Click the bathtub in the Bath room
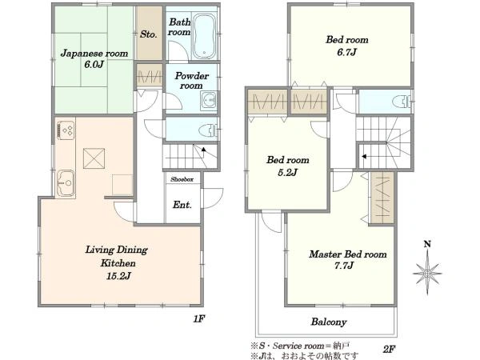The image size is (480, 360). [x=204, y=36]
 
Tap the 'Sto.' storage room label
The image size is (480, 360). [x=149, y=34]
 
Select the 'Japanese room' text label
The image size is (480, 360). [x=94, y=54]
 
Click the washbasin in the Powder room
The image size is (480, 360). [x=209, y=100]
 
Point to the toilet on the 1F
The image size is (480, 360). [x=208, y=130]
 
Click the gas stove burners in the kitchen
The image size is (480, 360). [x=66, y=130]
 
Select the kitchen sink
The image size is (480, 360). [x=66, y=182]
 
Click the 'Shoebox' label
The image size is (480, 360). [x=182, y=179]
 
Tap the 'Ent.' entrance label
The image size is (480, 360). [x=182, y=205]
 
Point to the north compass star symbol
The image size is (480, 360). [x=427, y=273]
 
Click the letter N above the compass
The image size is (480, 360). [x=427, y=244]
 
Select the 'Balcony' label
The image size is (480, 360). [x=329, y=322]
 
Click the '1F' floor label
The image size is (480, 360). [x=198, y=319]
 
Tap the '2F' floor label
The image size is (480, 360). [x=389, y=349]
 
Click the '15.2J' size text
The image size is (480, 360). [x=118, y=276]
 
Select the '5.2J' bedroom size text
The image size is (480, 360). [x=287, y=172]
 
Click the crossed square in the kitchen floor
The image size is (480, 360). [x=94, y=158]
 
